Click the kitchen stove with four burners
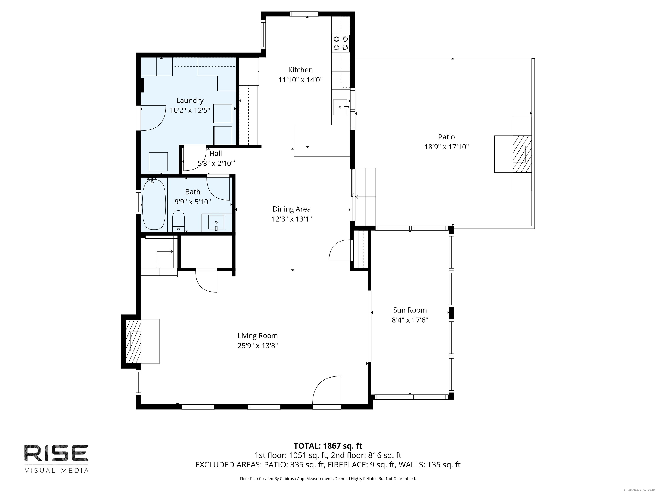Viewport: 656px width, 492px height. pyautogui.click(x=341, y=43)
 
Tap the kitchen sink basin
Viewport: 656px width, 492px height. pyautogui.click(x=340, y=107)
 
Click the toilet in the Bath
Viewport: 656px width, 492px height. pyautogui.click(x=179, y=220)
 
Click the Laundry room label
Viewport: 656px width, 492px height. pyautogui.click(x=190, y=101)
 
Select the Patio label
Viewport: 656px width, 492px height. pyautogui.click(x=446, y=137)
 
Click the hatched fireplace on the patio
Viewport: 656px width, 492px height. pyautogui.click(x=522, y=154)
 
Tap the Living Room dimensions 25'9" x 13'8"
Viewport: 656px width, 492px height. pyautogui.click(x=257, y=346)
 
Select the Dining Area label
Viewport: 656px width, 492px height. pyautogui.click(x=291, y=209)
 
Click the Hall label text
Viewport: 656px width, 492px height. pyautogui.click(x=216, y=154)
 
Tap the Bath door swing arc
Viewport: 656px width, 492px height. pyautogui.click(x=218, y=189)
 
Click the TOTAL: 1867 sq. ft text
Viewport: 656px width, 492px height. pyautogui.click(x=328, y=446)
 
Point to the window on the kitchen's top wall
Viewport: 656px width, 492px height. pyautogui.click(x=304, y=14)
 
